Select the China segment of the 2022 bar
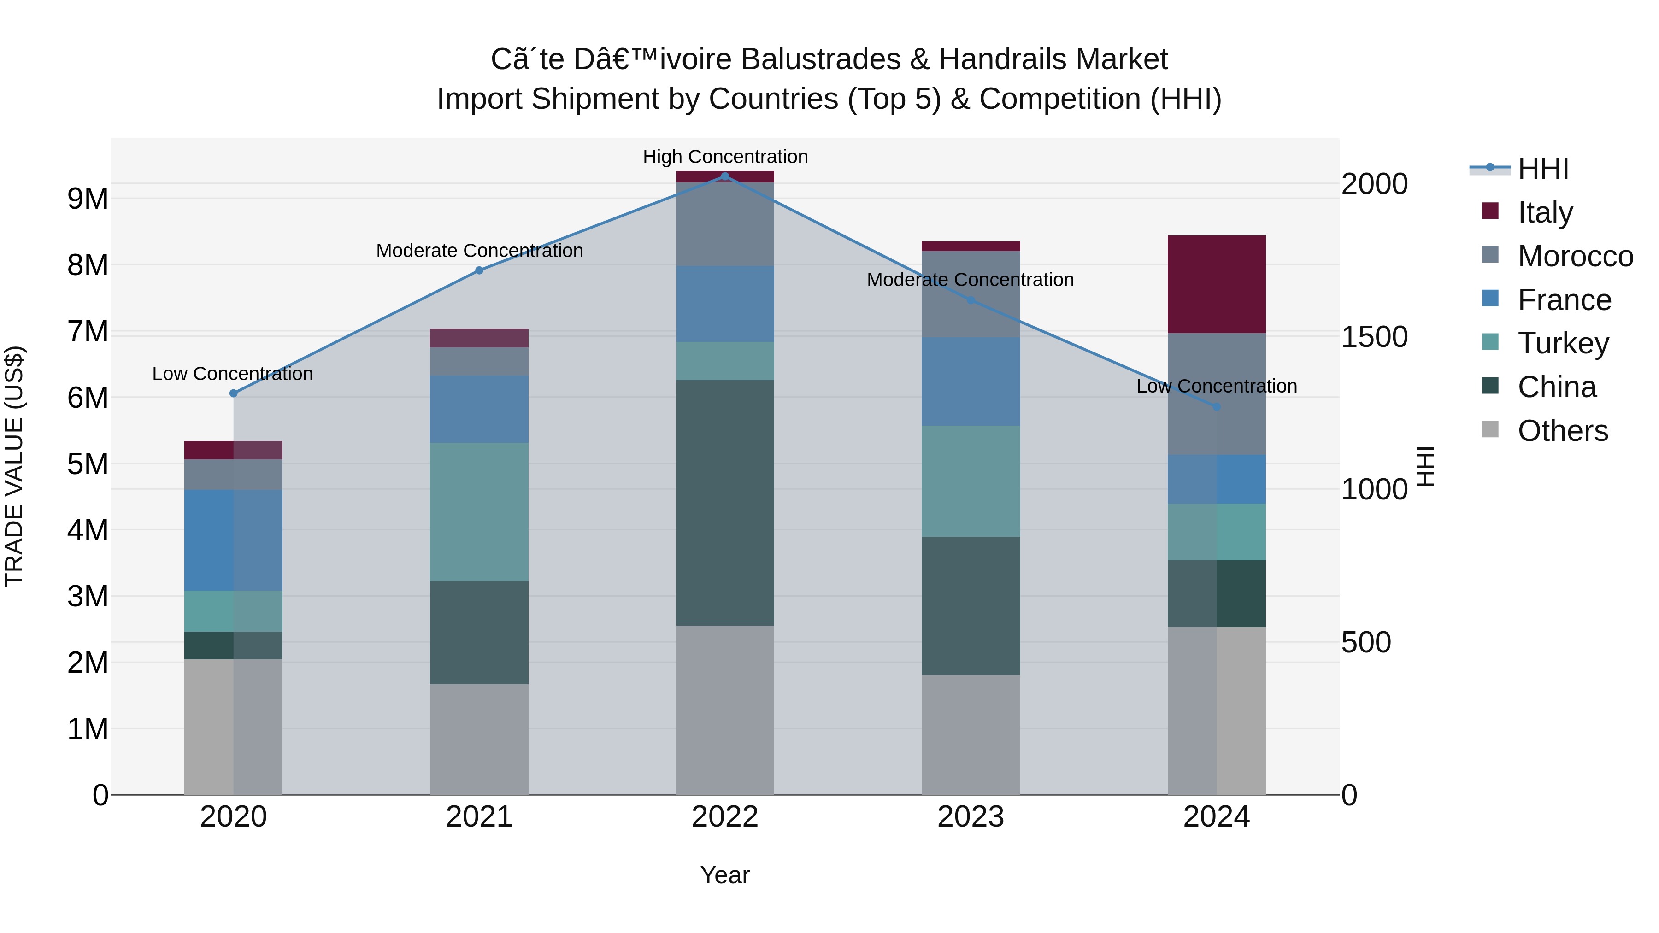pos(724,502)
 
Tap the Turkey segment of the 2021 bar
pos(479,512)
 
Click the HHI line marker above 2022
pos(724,176)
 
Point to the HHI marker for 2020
pos(233,393)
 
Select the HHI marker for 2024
pos(1216,407)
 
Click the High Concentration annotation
pos(724,157)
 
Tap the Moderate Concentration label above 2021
pos(479,251)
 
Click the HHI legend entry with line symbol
pos(1542,169)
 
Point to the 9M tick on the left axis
pos(88,198)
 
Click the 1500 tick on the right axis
pos(1374,337)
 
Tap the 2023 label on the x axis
pos(971,817)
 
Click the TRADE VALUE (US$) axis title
pos(14,466)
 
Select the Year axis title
pos(724,875)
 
